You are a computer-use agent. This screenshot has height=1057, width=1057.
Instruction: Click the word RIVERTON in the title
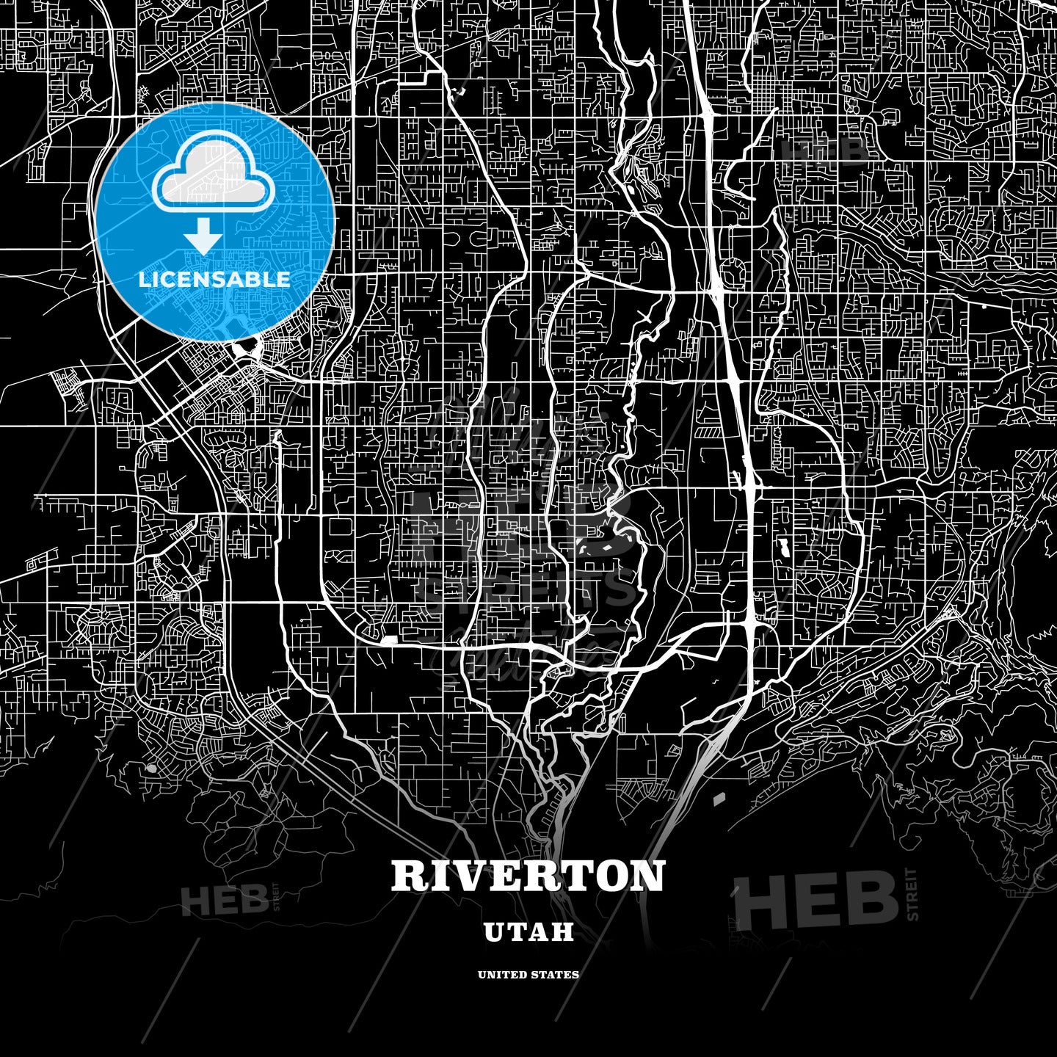pos(528,876)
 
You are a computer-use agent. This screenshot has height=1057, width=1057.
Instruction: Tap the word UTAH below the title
pos(528,932)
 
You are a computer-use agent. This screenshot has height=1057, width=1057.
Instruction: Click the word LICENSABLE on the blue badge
pos(214,279)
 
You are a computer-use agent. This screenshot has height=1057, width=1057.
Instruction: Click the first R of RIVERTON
pos(407,876)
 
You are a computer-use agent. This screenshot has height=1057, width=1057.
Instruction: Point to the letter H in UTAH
pos(562,932)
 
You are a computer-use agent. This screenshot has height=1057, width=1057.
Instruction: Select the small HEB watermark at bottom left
pos(224,900)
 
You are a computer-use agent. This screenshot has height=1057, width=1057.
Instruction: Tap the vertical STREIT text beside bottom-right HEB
pos(912,894)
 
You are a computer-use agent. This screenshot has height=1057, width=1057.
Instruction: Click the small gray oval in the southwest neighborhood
pos(151,768)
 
